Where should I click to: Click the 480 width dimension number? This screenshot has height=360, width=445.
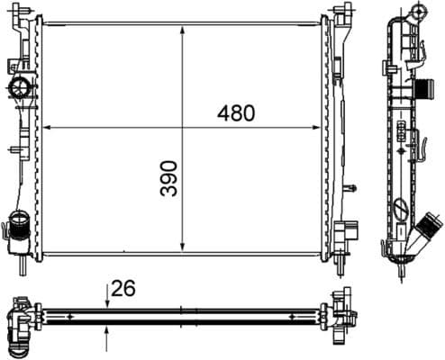coord(236,113)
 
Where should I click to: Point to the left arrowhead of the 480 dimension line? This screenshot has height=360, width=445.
coord(45,127)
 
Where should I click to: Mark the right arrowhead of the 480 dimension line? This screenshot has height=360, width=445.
coord(322,127)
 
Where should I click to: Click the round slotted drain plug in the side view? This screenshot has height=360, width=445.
coord(401,211)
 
